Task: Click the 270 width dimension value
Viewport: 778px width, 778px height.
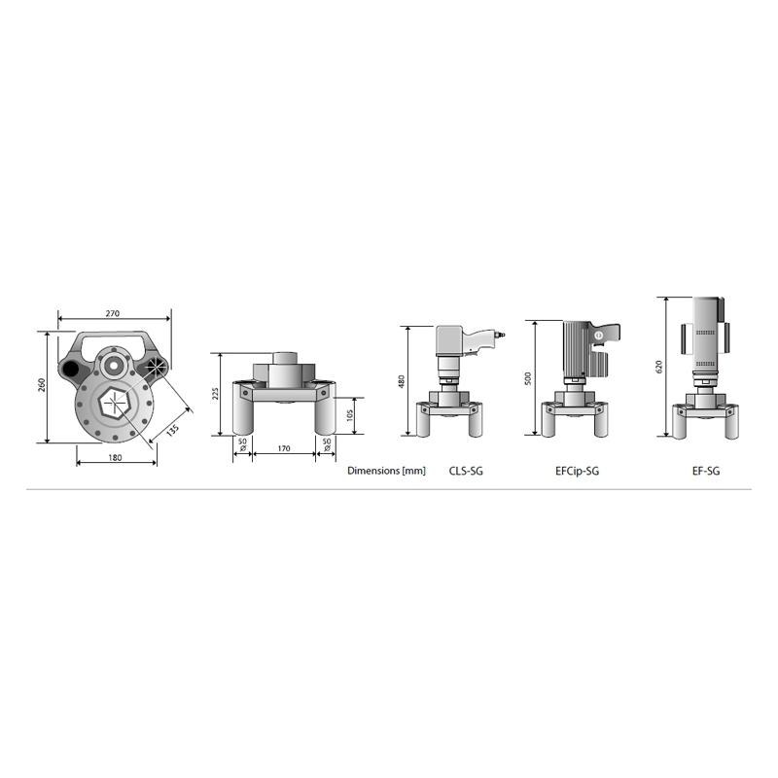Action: coord(112,314)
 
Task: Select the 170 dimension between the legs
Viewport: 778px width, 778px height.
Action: coord(283,450)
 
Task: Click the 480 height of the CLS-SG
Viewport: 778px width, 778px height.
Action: coord(401,381)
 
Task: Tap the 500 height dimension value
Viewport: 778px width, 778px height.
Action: coord(528,378)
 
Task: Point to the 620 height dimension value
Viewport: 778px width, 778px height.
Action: coord(659,367)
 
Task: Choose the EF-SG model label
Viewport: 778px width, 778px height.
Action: coord(705,471)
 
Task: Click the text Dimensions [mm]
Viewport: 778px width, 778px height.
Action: coord(386,471)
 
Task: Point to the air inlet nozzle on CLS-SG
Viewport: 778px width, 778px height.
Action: coord(500,336)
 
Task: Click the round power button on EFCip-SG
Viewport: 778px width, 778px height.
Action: coord(599,336)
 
